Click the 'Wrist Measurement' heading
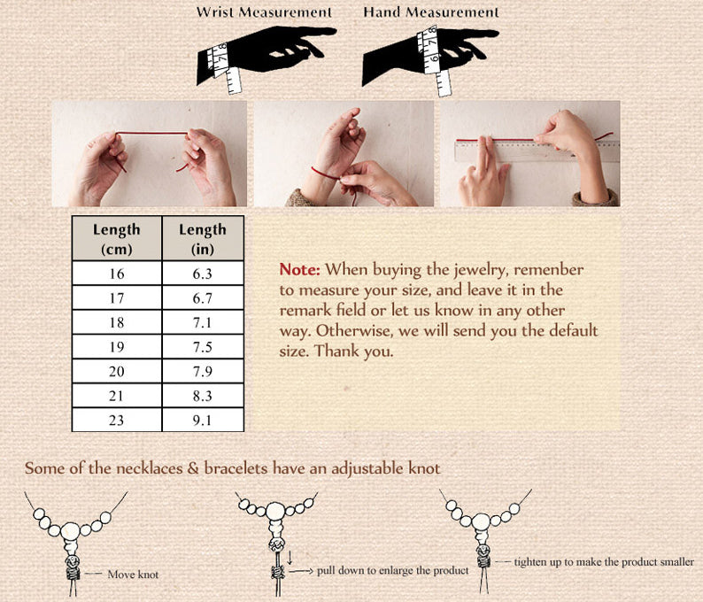pyautogui.click(x=264, y=12)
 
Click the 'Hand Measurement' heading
pyautogui.click(x=431, y=12)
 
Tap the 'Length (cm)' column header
pyautogui.click(x=117, y=238)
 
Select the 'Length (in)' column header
pyautogui.click(x=203, y=238)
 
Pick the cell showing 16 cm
pyautogui.click(x=117, y=274)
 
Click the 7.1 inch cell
pyautogui.click(x=203, y=322)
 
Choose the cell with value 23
pyautogui.click(x=117, y=420)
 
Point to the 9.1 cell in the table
pyautogui.click(x=203, y=420)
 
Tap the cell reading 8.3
pyautogui.click(x=203, y=396)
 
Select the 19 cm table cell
pyautogui.click(x=117, y=347)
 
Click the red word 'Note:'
pyautogui.click(x=299, y=269)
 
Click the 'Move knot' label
pyautogui.click(x=133, y=575)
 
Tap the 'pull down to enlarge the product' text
pyautogui.click(x=393, y=571)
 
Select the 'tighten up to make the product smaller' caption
pyautogui.click(x=604, y=561)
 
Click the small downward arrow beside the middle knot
pyautogui.click(x=290, y=558)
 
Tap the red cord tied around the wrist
pyautogui.click(x=325, y=174)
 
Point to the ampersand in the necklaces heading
pyautogui.click(x=193, y=468)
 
